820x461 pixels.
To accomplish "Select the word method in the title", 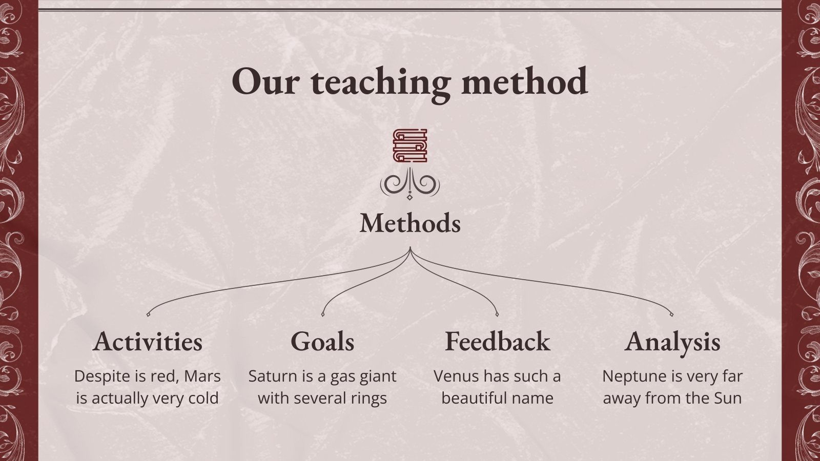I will click(x=524, y=81).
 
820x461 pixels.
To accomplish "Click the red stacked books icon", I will click(x=409, y=145).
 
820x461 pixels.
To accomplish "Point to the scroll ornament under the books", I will click(x=409, y=185).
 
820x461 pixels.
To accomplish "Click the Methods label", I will click(x=410, y=223).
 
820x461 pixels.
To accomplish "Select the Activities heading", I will click(x=148, y=342).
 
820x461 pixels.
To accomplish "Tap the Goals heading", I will click(x=322, y=342).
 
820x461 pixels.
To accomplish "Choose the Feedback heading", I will click(x=497, y=342).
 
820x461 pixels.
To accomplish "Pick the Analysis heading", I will click(x=672, y=342).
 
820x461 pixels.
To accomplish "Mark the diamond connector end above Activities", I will click(x=148, y=313).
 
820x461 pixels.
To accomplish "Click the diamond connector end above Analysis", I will click(x=671, y=313).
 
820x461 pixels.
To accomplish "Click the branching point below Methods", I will click(x=410, y=249).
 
